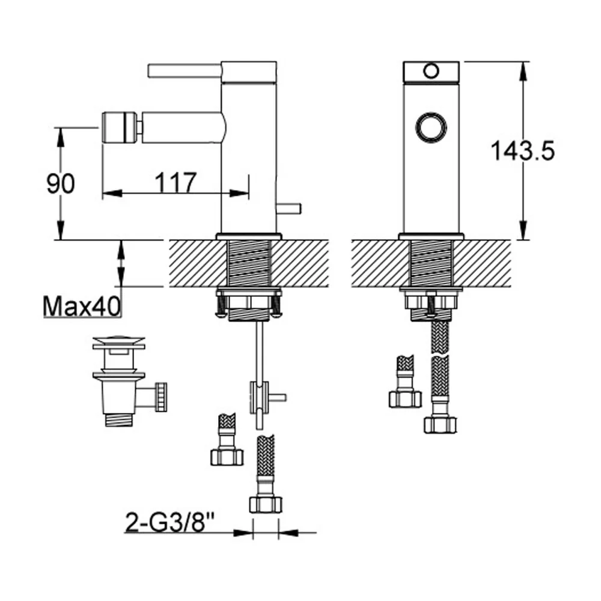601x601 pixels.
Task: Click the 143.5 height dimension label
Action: click(522, 150)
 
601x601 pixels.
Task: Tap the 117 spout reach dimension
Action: click(175, 183)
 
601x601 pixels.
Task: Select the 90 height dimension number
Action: click(61, 183)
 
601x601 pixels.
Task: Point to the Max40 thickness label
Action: click(82, 307)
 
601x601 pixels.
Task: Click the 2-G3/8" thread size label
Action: click(170, 522)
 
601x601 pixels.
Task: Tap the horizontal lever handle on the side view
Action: click(185, 71)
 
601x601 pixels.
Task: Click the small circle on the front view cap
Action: click(431, 72)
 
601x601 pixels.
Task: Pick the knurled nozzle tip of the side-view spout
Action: click(119, 127)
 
